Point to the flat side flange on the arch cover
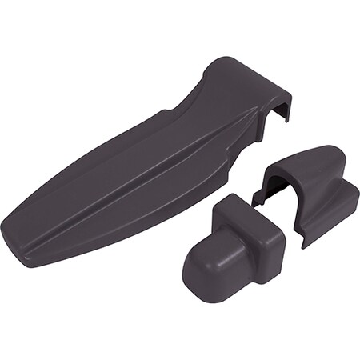coord(336,216)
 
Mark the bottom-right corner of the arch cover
coord(304,245)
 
